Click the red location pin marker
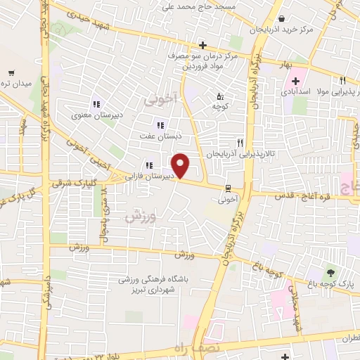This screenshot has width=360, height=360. pyautogui.click(x=181, y=165)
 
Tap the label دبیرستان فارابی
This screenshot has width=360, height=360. pyautogui.click(x=150, y=176)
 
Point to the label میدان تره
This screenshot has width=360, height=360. pyautogui.click(x=16, y=84)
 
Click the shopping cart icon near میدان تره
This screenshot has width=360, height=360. pyautogui.click(x=11, y=72)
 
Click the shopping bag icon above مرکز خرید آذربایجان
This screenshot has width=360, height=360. pyautogui.click(x=281, y=18)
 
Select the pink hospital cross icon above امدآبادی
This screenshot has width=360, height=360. pyautogui.click(x=295, y=82)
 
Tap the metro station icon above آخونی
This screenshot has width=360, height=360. pyautogui.click(x=228, y=187)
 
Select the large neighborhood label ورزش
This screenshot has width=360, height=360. pyautogui.click(x=139, y=217)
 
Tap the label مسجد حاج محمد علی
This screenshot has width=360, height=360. pyautogui.click(x=196, y=6)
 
